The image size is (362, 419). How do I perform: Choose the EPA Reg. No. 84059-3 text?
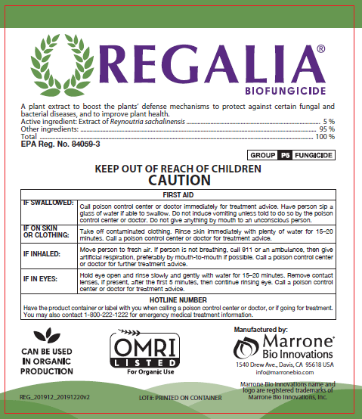click(x=60, y=143)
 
